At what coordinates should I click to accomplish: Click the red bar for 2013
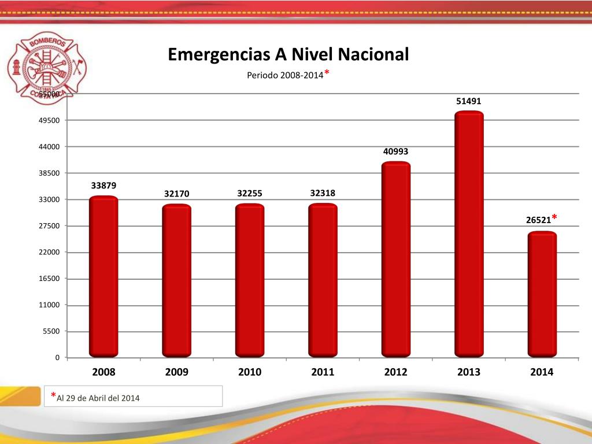pyautogui.click(x=469, y=234)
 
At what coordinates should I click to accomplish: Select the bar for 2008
pyautogui.click(x=103, y=276)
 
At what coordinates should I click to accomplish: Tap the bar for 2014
pyautogui.click(x=542, y=294)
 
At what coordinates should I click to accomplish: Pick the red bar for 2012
pyautogui.click(x=396, y=259)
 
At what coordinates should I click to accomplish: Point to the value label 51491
pyautogui.click(x=468, y=101)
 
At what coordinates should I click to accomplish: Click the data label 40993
pyautogui.click(x=395, y=151)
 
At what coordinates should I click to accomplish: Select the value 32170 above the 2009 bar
pyautogui.click(x=176, y=194)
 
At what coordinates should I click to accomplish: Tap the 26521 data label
pyautogui.click(x=538, y=220)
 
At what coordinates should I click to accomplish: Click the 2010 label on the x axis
pyautogui.click(x=250, y=372)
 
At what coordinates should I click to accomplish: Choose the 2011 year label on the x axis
pyautogui.click(x=323, y=372)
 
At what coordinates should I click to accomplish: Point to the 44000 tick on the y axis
pyautogui.click(x=49, y=147)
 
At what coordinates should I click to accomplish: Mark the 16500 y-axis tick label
pyautogui.click(x=49, y=279)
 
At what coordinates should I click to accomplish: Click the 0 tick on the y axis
pyautogui.click(x=57, y=358)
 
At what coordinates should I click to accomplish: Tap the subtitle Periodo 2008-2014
pyautogui.click(x=285, y=75)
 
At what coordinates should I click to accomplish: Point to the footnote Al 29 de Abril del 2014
pyautogui.click(x=98, y=398)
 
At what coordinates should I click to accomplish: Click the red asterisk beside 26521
pyautogui.click(x=554, y=217)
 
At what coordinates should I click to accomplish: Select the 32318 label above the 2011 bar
pyautogui.click(x=323, y=193)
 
